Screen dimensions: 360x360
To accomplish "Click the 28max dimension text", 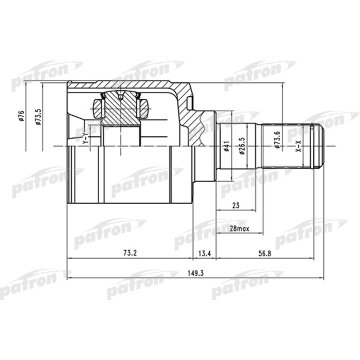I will [x=239, y=229].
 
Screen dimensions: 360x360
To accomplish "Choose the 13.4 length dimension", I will [x=204, y=253].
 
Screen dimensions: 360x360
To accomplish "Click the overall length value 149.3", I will [x=195, y=273].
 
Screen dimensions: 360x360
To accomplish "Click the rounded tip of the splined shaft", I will [x=321, y=146].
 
